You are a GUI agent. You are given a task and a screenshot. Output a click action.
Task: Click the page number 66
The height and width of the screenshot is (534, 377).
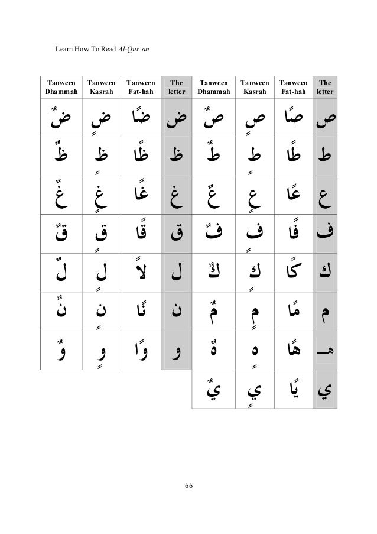[188, 486]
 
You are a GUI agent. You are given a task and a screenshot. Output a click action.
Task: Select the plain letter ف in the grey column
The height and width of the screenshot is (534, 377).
[324, 229]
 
